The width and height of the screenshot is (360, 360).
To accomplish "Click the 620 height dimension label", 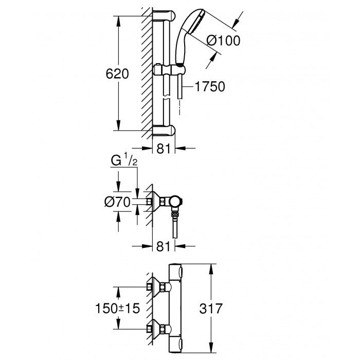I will (x=117, y=74).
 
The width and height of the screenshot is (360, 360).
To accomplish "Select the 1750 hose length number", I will (x=209, y=87).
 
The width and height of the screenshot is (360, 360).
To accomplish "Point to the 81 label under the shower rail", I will (x=163, y=149).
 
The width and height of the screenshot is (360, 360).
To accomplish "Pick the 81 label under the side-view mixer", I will (x=163, y=247).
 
